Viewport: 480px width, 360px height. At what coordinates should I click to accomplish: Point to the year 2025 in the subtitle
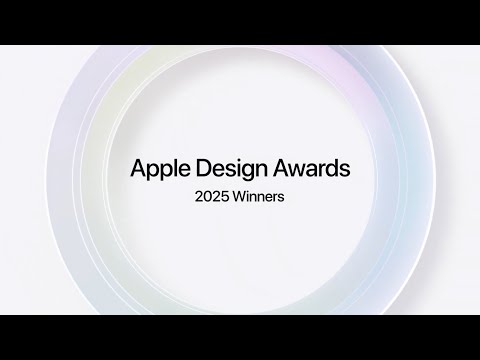(211, 196)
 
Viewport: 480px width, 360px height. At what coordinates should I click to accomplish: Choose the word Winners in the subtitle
(259, 196)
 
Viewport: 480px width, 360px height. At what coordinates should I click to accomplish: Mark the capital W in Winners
(238, 196)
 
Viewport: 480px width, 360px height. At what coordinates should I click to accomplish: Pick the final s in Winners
(283, 197)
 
